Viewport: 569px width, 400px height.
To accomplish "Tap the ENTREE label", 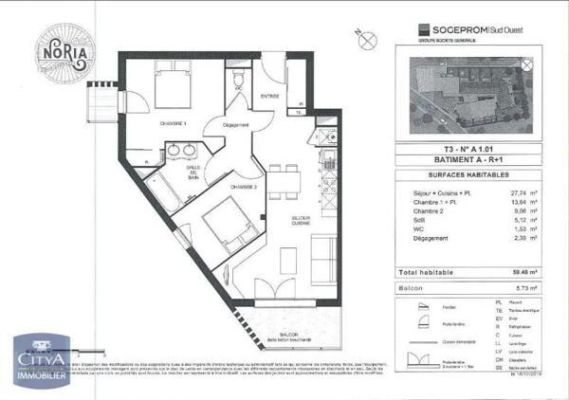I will point(270,96).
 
